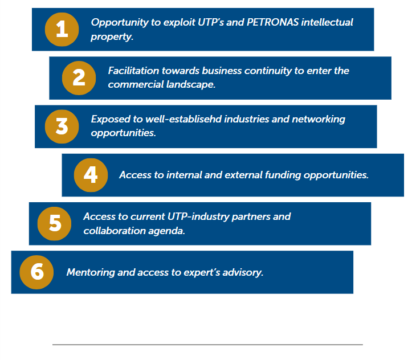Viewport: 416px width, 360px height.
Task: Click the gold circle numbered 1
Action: coord(62,28)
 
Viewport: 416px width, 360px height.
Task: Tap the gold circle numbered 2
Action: coord(80,77)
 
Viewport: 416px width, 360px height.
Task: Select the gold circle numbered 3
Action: coord(63,126)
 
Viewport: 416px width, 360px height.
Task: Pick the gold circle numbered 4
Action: coord(91,175)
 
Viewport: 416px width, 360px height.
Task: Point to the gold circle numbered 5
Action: coord(55,223)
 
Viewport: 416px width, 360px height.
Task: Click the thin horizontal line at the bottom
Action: coord(207,344)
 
